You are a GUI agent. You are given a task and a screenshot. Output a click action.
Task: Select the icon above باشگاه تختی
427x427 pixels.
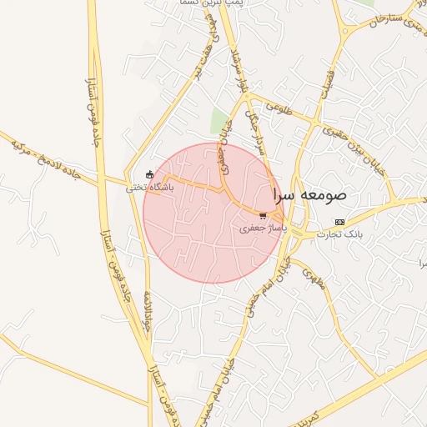[149, 174]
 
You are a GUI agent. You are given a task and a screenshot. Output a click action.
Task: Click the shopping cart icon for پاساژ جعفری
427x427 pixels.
[263, 215]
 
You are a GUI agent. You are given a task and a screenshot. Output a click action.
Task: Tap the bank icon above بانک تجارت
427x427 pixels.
[339, 222]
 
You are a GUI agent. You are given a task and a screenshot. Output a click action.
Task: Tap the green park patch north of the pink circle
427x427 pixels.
[219, 121]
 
